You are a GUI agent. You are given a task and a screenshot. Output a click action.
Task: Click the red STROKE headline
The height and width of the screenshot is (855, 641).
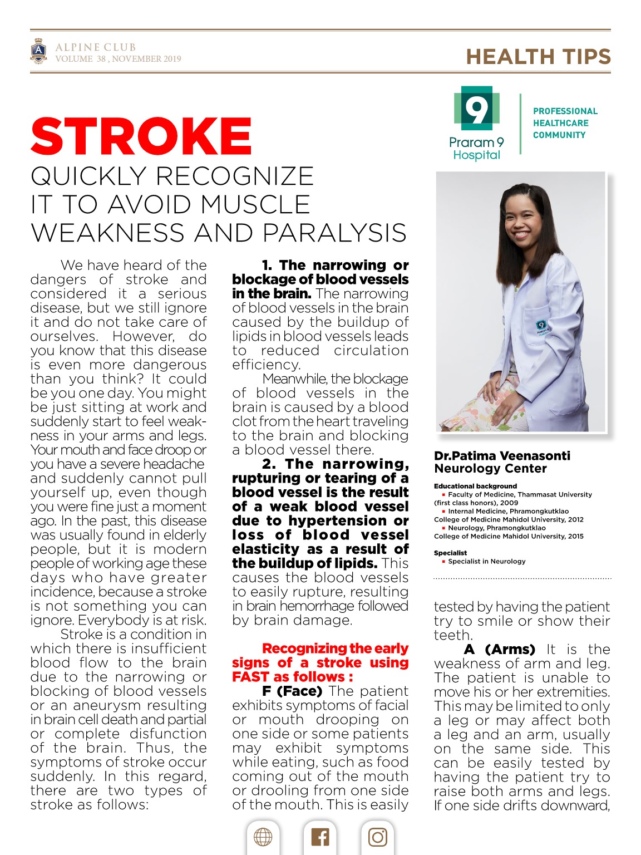tap(141, 136)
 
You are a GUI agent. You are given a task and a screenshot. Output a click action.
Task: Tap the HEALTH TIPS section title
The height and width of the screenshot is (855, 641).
tap(538, 57)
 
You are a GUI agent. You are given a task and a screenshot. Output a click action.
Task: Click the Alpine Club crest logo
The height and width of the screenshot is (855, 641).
tap(38, 52)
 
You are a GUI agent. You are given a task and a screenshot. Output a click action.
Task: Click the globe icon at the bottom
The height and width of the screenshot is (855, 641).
tap(263, 837)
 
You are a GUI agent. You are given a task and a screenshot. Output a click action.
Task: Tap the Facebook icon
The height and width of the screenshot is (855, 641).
tap(320, 837)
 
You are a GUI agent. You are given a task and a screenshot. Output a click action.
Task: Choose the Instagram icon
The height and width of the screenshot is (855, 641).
tap(378, 837)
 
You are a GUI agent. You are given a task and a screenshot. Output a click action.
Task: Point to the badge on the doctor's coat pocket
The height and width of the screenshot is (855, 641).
tap(540, 326)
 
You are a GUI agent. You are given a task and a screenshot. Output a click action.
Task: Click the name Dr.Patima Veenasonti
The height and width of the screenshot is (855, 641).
tap(502, 456)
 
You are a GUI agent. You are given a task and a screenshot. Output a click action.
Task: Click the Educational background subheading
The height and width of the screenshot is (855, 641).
tap(475, 486)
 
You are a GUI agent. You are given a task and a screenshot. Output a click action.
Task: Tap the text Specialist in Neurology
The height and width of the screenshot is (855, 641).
tap(486, 561)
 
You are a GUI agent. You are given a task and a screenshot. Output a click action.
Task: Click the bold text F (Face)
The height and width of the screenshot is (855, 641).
tap(292, 691)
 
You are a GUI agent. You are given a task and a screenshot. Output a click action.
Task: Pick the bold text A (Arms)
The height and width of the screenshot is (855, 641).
tap(499, 649)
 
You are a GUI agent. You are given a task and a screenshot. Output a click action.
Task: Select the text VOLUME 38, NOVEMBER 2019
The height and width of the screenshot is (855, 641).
tap(118, 58)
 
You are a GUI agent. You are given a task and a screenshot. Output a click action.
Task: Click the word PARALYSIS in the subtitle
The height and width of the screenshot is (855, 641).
tap(334, 233)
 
